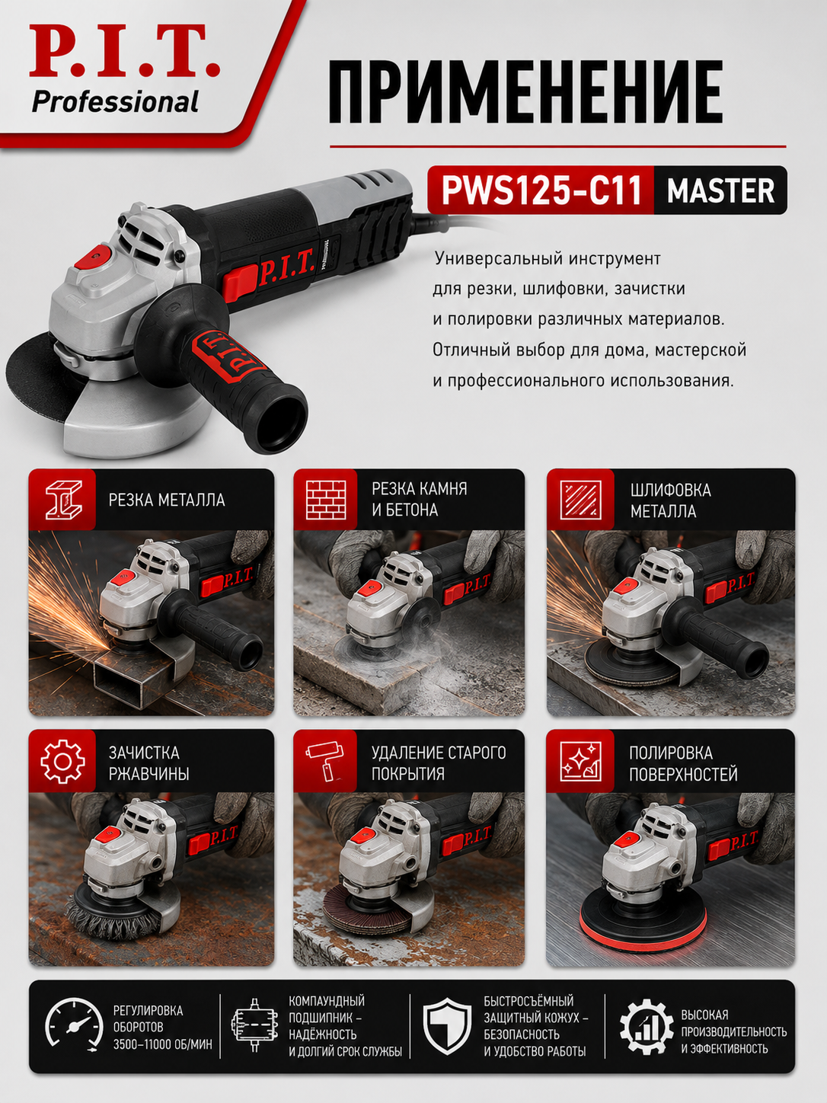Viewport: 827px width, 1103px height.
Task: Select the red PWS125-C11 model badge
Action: click(541, 190)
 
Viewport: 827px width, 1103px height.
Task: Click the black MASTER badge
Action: click(720, 190)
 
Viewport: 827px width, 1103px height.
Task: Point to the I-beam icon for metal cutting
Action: click(63, 500)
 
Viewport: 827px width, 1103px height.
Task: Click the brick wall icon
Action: click(326, 500)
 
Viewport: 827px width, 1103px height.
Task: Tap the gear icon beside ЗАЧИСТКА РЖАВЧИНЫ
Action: click(62, 761)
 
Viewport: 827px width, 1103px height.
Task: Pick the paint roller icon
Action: click(325, 761)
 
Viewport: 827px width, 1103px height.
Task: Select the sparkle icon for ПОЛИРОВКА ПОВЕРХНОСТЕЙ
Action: click(580, 761)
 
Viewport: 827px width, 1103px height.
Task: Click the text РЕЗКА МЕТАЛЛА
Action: click(167, 500)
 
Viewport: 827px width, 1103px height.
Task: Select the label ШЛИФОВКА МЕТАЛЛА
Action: click(670, 500)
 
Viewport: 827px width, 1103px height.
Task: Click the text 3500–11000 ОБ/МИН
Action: click(163, 1044)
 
